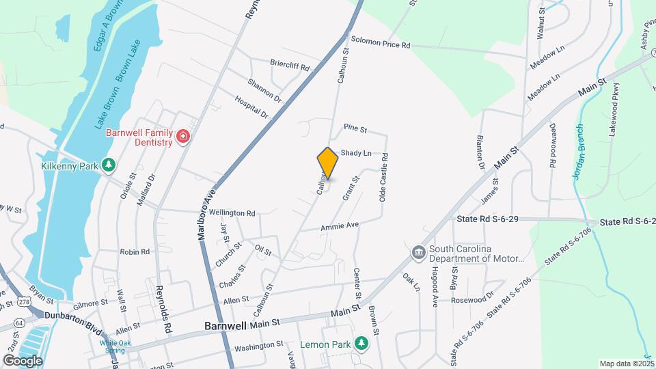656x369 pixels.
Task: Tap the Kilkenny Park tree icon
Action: tap(108, 165)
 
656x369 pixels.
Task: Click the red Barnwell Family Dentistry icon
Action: tap(182, 137)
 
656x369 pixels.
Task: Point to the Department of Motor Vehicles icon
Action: tap(418, 254)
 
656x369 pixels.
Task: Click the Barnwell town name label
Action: tap(225, 327)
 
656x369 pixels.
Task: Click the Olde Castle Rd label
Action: tap(385, 177)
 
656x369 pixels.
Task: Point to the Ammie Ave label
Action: tap(340, 226)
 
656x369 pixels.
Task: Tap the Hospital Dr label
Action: tap(252, 107)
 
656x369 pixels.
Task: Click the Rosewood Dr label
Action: tap(472, 299)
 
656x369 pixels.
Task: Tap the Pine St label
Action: tap(355, 128)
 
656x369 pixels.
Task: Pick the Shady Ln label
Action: tap(356, 152)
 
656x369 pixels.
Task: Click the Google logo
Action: tap(23, 359)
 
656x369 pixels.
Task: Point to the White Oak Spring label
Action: tap(114, 342)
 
